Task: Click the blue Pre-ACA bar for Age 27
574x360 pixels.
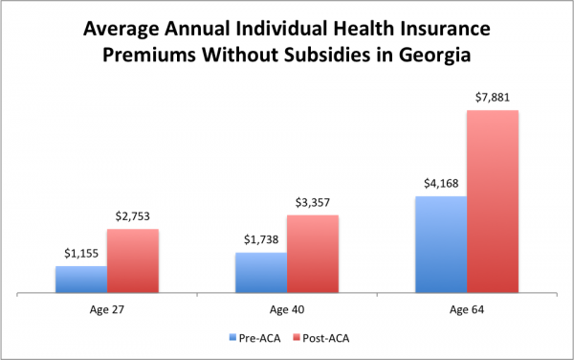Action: pyautogui.click(x=80, y=280)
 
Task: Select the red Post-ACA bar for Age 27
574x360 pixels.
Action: pyautogui.click(x=132, y=261)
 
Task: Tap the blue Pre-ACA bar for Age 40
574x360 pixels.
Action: pyautogui.click(x=261, y=273)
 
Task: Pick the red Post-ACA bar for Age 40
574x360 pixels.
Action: pyautogui.click(x=313, y=254)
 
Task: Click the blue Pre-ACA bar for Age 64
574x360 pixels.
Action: pyautogui.click(x=441, y=245)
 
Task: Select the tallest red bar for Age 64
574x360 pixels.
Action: pyautogui.click(x=493, y=202)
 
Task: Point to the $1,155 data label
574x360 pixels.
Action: pyautogui.click(x=80, y=255)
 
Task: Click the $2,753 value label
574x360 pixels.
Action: pyautogui.click(x=132, y=218)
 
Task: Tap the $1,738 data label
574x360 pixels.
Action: pyautogui.click(x=261, y=241)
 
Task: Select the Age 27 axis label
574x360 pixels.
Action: pyautogui.click(x=106, y=308)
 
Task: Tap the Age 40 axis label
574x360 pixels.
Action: pyautogui.click(x=287, y=308)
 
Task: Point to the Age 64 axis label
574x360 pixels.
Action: pyautogui.click(x=467, y=308)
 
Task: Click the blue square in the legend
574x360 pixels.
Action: pyautogui.click(x=233, y=337)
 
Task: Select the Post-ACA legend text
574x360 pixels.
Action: pyautogui.click(x=327, y=337)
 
